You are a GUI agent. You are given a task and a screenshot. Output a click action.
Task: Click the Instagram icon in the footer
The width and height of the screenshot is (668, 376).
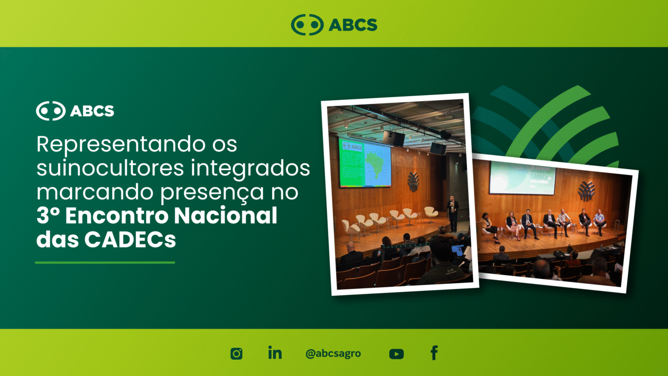[x=236, y=354]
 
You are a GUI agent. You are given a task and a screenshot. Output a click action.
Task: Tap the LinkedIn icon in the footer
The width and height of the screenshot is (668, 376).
[x=275, y=352]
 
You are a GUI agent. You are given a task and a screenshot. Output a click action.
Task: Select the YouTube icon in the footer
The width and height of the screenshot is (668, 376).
[x=396, y=354]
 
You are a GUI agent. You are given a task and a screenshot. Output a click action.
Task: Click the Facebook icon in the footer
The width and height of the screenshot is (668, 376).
[x=434, y=352]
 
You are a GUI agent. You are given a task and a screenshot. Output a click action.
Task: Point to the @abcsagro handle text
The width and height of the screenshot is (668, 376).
[x=333, y=354]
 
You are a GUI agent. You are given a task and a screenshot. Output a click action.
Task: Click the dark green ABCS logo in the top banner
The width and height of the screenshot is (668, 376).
[x=334, y=25]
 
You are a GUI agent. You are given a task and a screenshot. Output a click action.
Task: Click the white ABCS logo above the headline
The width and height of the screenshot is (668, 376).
[x=75, y=111]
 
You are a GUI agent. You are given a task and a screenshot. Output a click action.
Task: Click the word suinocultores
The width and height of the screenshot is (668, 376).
[x=110, y=168]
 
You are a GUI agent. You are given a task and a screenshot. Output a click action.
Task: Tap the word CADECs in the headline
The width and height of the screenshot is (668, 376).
[x=130, y=240]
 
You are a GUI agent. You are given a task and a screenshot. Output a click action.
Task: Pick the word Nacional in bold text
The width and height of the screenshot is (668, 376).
[x=226, y=216]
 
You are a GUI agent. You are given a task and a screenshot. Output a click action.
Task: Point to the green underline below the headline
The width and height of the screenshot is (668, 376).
[x=105, y=263]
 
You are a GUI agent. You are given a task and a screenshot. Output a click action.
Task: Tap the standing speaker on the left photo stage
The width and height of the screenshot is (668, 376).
[x=452, y=214]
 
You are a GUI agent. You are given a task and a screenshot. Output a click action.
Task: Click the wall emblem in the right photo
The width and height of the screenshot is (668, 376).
[x=586, y=191]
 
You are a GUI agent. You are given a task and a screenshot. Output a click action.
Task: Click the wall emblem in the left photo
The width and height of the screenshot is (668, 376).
[x=413, y=182]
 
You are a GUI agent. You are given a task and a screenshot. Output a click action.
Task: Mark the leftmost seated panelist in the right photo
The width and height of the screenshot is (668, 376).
[x=488, y=227]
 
